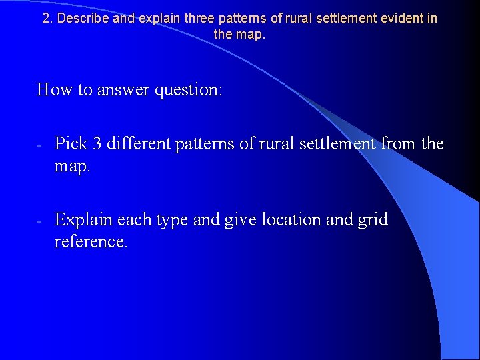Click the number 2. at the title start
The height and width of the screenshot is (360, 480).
47,19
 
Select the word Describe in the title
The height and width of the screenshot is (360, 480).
83,19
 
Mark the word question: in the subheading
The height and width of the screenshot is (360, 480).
189,89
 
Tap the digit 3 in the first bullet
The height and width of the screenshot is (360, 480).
93,144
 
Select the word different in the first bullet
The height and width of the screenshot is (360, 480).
137,144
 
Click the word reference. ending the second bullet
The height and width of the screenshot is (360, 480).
91,242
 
